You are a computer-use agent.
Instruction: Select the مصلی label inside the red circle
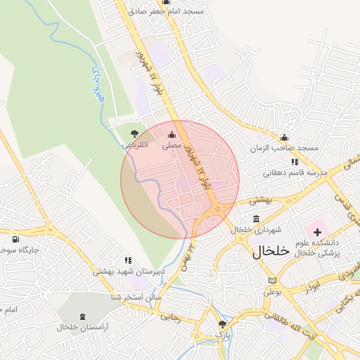point(172,146)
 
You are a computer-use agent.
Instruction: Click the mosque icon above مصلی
point(172,134)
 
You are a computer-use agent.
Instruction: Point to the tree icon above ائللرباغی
point(134,134)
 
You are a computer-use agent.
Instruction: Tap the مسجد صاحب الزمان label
point(287,148)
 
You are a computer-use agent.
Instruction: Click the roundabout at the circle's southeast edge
point(217,209)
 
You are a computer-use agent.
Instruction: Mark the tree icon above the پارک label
point(223,324)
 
